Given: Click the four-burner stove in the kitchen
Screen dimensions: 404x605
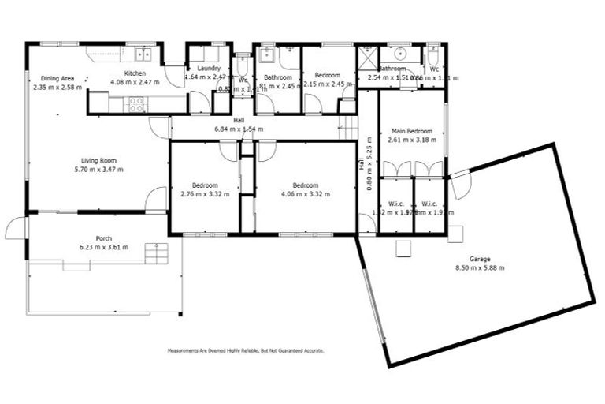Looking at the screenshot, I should [135, 102].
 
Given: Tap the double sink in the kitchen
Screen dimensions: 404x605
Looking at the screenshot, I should [143, 54].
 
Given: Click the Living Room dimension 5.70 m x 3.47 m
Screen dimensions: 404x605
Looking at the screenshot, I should [98, 169].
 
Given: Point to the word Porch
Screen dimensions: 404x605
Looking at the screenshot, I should [103, 238].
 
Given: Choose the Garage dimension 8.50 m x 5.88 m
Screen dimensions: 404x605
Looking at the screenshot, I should [480, 267].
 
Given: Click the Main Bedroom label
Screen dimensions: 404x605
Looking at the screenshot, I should [410, 131].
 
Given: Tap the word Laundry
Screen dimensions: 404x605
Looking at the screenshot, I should [209, 69].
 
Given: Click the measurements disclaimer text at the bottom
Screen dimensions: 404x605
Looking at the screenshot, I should [245, 350].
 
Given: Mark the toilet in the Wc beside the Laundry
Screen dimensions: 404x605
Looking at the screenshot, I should [243, 59].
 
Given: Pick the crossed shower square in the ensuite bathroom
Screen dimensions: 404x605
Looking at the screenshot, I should [367, 57].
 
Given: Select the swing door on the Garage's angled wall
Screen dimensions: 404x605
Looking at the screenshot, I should [461, 184].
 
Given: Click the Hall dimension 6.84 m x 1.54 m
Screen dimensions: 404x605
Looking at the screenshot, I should [239, 129].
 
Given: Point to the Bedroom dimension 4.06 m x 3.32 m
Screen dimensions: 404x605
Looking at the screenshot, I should [306, 193].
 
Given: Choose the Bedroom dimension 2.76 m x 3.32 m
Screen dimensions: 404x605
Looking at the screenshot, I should [205, 193].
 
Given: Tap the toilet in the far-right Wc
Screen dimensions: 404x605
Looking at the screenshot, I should [432, 55].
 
